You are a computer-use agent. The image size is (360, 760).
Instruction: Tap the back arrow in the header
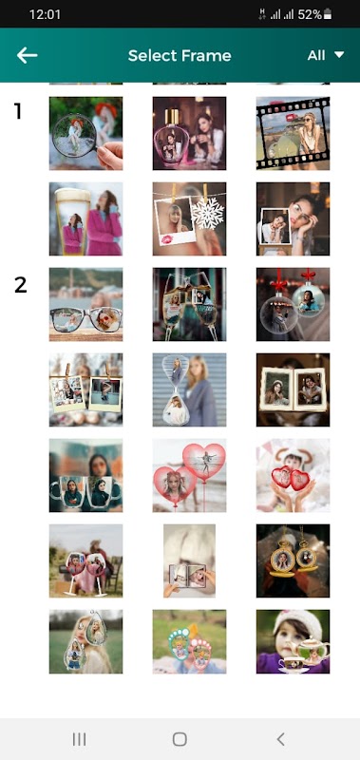click(28, 55)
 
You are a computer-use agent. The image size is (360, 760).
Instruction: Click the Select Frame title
click(180, 56)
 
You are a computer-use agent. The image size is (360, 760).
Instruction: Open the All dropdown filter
click(326, 55)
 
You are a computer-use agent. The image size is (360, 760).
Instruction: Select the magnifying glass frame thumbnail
click(85, 133)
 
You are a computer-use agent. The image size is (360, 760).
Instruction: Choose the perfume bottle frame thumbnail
click(189, 133)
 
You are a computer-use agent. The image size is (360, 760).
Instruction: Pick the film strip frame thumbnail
click(294, 133)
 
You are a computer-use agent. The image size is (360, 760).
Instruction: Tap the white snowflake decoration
click(208, 213)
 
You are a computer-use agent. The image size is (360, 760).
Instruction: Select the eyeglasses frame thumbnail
click(85, 304)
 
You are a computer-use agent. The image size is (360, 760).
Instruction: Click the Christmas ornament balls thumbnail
click(294, 304)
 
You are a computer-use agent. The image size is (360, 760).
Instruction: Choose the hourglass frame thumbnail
click(189, 389)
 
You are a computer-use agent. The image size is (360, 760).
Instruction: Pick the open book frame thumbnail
click(294, 389)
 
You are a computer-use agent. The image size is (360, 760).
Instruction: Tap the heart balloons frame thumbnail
click(189, 476)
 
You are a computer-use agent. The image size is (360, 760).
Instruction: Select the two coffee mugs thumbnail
click(85, 476)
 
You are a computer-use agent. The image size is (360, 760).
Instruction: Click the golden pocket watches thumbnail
click(294, 560)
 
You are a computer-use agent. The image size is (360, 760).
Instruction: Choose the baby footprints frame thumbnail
click(189, 642)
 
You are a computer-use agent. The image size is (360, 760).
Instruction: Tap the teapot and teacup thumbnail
click(294, 642)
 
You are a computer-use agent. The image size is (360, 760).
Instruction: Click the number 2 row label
click(20, 285)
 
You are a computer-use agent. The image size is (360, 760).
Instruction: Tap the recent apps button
click(79, 739)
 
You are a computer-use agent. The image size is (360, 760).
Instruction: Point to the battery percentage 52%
click(310, 14)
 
